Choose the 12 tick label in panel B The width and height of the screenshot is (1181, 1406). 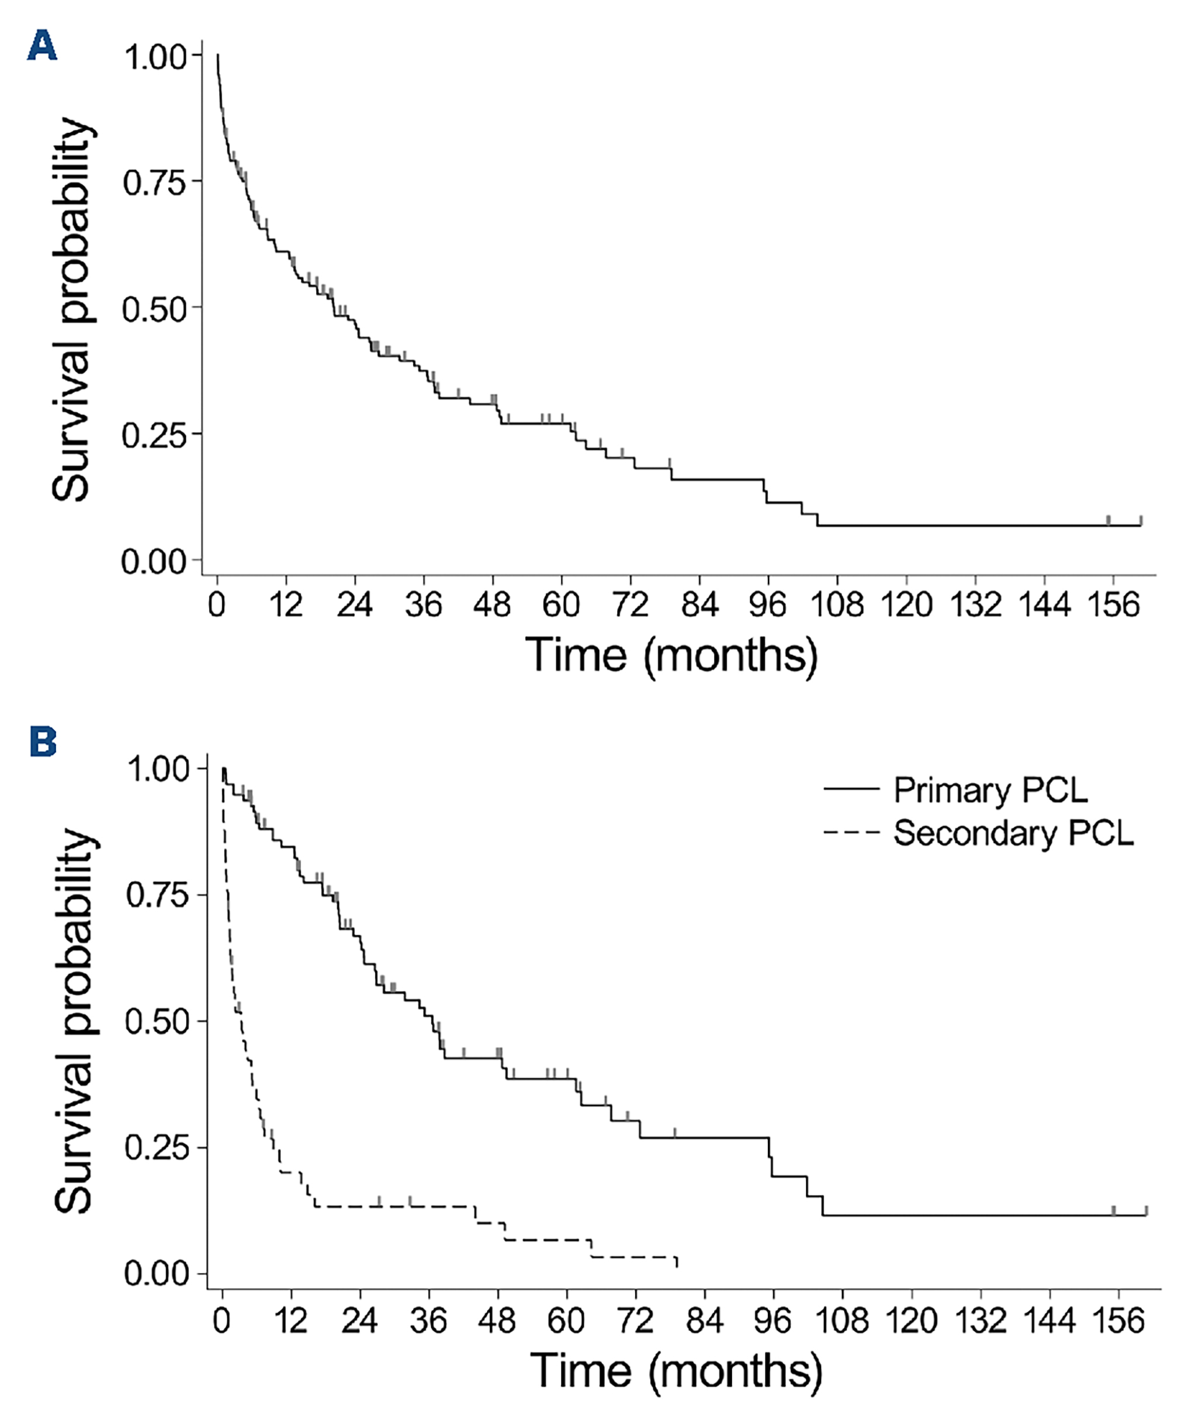tap(290, 1321)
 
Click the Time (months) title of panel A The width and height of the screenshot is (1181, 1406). tap(671, 655)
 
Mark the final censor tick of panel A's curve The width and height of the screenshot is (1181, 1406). tap(1141, 520)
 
